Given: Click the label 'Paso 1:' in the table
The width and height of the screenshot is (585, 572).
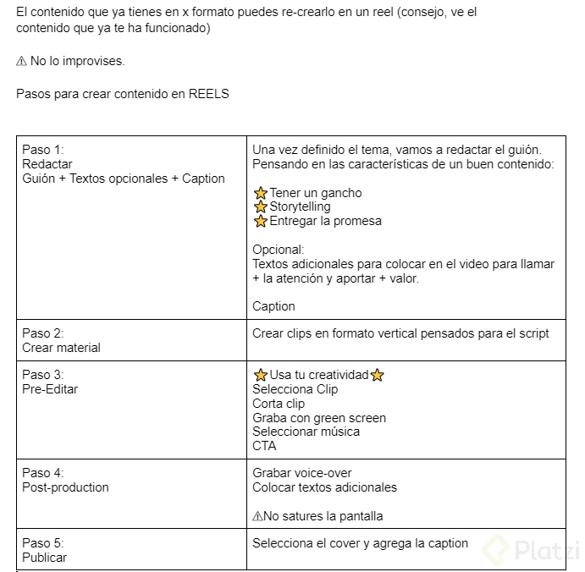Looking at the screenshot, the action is click(42, 150).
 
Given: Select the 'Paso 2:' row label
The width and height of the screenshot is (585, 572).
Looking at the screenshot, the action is click(42, 333).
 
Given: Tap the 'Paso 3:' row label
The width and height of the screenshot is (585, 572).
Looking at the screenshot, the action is click(42, 375).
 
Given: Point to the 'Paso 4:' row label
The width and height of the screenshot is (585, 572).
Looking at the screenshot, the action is click(42, 473).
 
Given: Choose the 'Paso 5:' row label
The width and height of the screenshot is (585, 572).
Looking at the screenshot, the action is click(42, 543).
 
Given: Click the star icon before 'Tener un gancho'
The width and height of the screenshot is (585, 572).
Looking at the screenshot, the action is click(261, 193).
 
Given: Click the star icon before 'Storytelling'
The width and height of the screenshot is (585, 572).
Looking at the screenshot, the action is click(261, 207).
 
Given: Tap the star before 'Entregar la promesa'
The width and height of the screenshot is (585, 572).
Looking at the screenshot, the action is click(261, 222).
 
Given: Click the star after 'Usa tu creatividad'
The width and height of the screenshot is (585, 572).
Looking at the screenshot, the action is click(378, 375).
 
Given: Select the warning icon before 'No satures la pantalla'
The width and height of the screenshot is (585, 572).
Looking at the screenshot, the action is click(257, 516).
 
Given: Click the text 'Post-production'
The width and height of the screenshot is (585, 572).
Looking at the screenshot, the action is click(65, 487).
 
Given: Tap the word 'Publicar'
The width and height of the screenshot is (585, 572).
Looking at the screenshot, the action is click(44, 558).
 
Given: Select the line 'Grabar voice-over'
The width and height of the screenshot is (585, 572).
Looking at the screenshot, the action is click(301, 473).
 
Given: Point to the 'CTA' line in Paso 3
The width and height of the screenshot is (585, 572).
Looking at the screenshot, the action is click(264, 446).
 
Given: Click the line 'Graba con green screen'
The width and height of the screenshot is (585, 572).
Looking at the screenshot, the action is click(319, 417).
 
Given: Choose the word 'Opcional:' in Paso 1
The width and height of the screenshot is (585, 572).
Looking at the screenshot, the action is click(278, 250).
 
